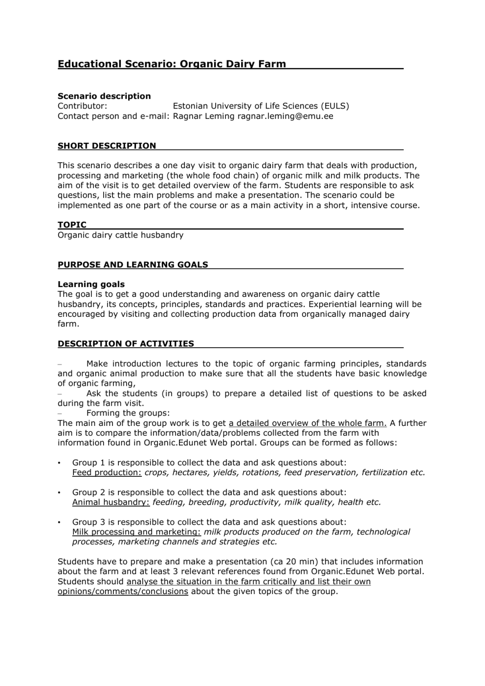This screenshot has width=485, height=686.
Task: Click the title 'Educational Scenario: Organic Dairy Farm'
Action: (172, 64)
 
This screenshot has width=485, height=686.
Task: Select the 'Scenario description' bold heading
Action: (104, 96)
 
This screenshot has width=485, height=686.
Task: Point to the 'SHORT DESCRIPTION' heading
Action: (107, 146)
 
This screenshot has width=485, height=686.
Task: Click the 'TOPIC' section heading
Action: (72, 225)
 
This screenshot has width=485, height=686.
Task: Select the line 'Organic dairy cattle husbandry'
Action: (120, 235)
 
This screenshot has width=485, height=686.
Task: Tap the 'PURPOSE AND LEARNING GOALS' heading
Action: (132, 265)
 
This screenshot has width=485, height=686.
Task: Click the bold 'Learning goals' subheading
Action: (91, 285)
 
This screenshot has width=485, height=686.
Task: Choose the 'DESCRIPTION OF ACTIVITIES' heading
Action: (126, 344)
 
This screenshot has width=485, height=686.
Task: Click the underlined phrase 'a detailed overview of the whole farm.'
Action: (308, 423)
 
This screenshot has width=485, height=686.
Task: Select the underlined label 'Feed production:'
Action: (107, 473)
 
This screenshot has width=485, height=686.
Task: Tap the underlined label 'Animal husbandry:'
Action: (110, 502)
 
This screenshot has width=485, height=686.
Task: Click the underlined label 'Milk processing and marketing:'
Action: (136, 532)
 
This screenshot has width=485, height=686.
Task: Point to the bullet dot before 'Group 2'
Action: (59, 492)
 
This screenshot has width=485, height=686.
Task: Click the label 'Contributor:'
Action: (82, 106)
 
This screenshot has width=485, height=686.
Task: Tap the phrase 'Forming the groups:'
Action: (128, 413)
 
